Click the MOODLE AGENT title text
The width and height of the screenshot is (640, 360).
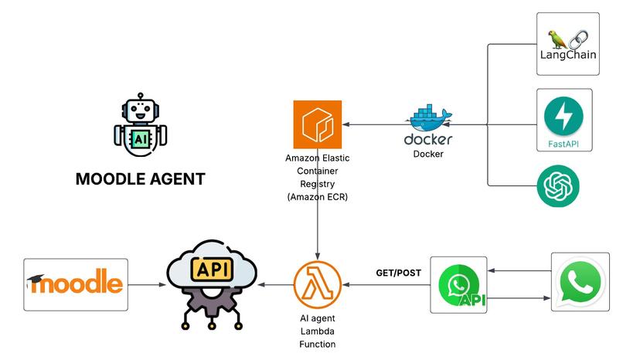[140, 179]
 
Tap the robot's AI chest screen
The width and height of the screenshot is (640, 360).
[141, 138]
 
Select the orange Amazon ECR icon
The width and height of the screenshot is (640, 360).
[318, 124]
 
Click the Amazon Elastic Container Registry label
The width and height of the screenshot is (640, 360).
[318, 177]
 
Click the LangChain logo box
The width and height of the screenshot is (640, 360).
[568, 44]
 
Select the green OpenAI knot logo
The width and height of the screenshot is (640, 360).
[558, 187]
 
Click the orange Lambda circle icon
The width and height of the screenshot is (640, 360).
[317, 284]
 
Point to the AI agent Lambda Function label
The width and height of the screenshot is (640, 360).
[317, 331]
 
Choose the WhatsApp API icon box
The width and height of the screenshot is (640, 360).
[459, 285]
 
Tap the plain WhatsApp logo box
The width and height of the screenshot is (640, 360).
[580, 281]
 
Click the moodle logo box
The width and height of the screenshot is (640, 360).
[76, 284]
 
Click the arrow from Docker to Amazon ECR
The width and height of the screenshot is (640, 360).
[374, 124]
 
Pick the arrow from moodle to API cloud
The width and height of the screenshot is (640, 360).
[147, 285]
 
